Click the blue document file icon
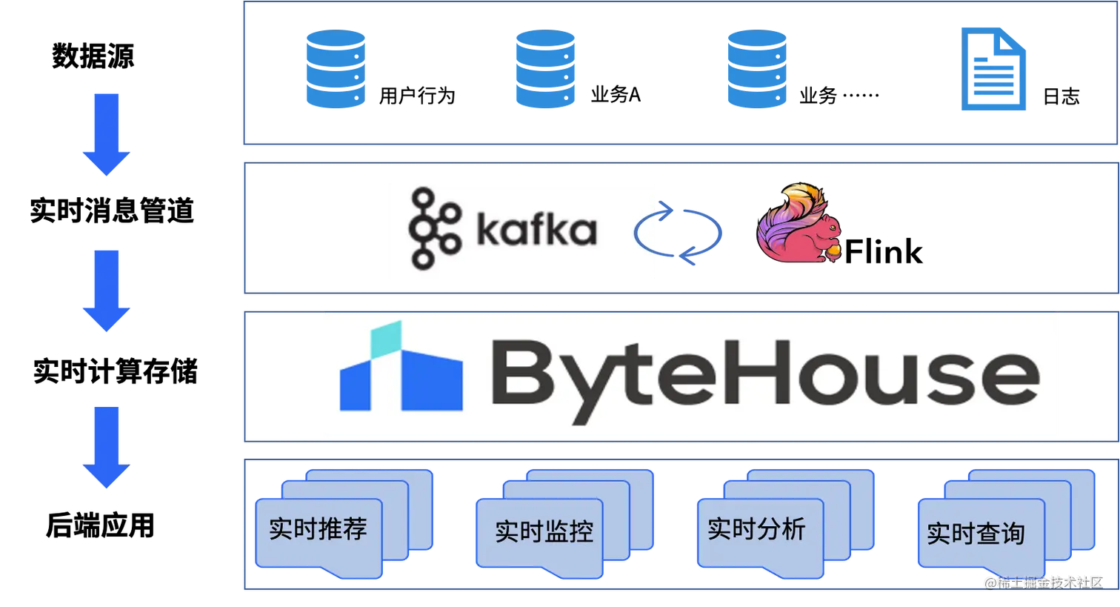point(994,68)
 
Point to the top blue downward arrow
point(105,133)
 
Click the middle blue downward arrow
point(105,291)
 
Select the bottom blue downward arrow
point(105,446)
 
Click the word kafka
point(536,230)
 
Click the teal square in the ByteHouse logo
point(385,337)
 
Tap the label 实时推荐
point(318,529)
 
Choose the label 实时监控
point(544,531)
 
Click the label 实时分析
point(756,529)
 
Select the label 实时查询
point(976,533)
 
